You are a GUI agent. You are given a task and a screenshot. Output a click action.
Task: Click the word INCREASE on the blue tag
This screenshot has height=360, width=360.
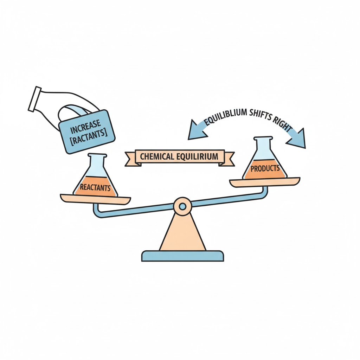(x=85, y=126)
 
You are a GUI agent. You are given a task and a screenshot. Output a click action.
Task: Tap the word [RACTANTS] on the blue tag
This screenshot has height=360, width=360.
(x=89, y=137)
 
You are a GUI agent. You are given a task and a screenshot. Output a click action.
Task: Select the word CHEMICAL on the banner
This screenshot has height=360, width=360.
(x=157, y=156)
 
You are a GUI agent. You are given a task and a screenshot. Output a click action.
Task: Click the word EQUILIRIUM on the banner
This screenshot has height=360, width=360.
(x=197, y=156)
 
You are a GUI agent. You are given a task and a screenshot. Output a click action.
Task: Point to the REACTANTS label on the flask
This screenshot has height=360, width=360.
(x=95, y=188)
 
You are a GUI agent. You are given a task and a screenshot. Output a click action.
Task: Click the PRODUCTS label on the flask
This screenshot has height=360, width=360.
(x=265, y=168)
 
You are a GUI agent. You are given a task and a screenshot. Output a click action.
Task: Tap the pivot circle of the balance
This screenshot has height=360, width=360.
(x=182, y=206)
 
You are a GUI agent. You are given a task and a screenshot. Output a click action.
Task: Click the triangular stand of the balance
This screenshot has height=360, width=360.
(x=183, y=232)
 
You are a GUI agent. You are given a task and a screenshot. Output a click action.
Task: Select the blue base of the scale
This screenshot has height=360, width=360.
(x=182, y=256)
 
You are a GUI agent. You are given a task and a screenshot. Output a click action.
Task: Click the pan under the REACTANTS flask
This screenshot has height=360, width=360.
(x=96, y=199)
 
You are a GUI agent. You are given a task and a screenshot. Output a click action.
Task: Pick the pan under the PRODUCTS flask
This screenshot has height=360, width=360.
(x=265, y=182)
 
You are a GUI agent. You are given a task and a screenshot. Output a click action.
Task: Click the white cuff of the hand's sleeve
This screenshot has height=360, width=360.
(x=35, y=99)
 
